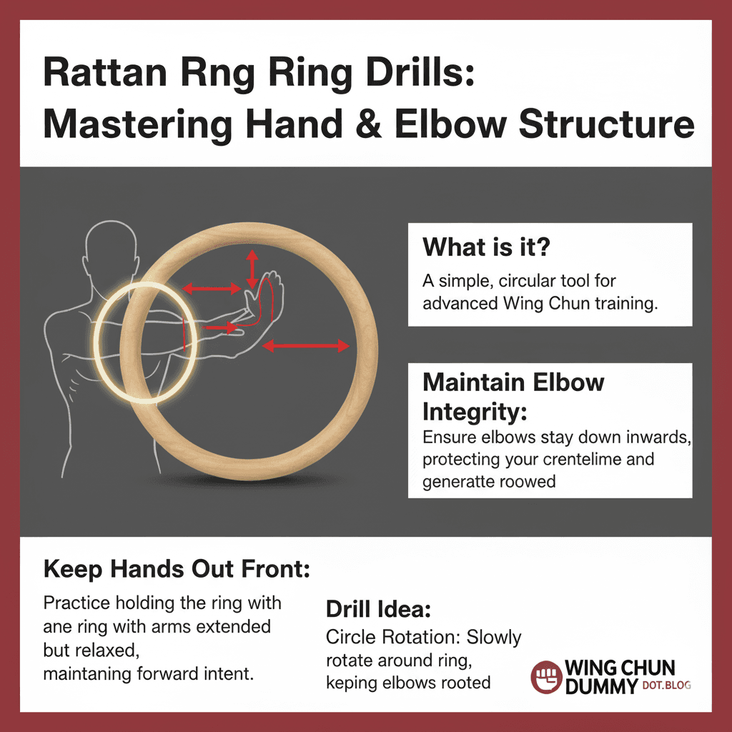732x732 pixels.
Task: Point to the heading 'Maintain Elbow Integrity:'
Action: [x=513, y=396]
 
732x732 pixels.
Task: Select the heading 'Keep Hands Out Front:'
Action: [x=177, y=569]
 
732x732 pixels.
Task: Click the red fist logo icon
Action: [x=547, y=676]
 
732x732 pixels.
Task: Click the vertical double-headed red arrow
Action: [x=251, y=269]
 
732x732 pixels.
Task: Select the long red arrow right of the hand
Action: [x=305, y=347]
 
